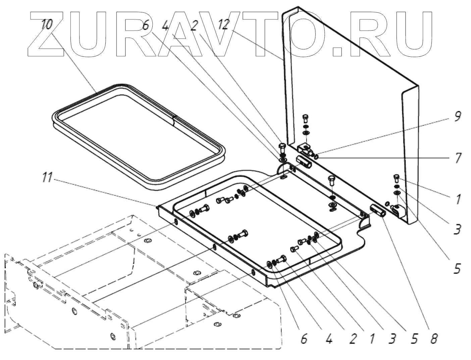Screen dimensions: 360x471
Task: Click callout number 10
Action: pyautogui.click(x=47, y=24)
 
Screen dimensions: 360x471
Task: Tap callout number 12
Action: pyautogui.click(x=223, y=24)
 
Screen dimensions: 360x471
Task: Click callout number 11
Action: pyautogui.click(x=47, y=178)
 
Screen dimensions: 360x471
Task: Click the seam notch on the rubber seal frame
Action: pyautogui.click(x=173, y=119)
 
